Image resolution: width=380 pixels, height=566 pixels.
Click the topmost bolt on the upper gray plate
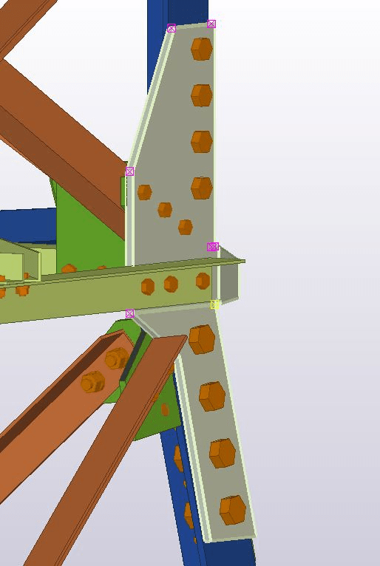(202, 49)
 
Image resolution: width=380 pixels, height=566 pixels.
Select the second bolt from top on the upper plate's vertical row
(202, 95)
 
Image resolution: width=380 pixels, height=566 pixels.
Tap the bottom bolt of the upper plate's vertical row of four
(202, 188)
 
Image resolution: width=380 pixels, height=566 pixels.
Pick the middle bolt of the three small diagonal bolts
(165, 210)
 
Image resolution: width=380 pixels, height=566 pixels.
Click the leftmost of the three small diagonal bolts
(144, 192)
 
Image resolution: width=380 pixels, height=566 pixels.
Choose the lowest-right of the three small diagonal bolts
(186, 227)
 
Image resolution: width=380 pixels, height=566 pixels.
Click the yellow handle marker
(215, 304)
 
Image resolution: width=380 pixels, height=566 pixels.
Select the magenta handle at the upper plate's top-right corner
(211, 24)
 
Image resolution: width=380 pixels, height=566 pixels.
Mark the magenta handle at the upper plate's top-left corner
(172, 28)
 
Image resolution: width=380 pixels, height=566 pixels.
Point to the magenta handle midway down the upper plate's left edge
(130, 171)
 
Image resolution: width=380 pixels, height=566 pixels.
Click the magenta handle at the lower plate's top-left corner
(130, 313)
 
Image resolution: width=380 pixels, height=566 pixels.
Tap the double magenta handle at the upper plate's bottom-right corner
(213, 247)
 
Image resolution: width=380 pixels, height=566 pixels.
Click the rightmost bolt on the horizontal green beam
(203, 281)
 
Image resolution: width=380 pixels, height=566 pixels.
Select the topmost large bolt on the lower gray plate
(202, 340)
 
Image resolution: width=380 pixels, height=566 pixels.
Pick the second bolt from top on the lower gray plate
(212, 396)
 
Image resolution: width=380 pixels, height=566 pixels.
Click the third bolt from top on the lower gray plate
(223, 453)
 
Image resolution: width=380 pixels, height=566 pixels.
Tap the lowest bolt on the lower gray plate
(233, 509)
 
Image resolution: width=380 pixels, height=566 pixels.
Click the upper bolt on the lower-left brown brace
(116, 359)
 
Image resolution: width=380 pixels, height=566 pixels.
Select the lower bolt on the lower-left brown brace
(92, 383)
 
